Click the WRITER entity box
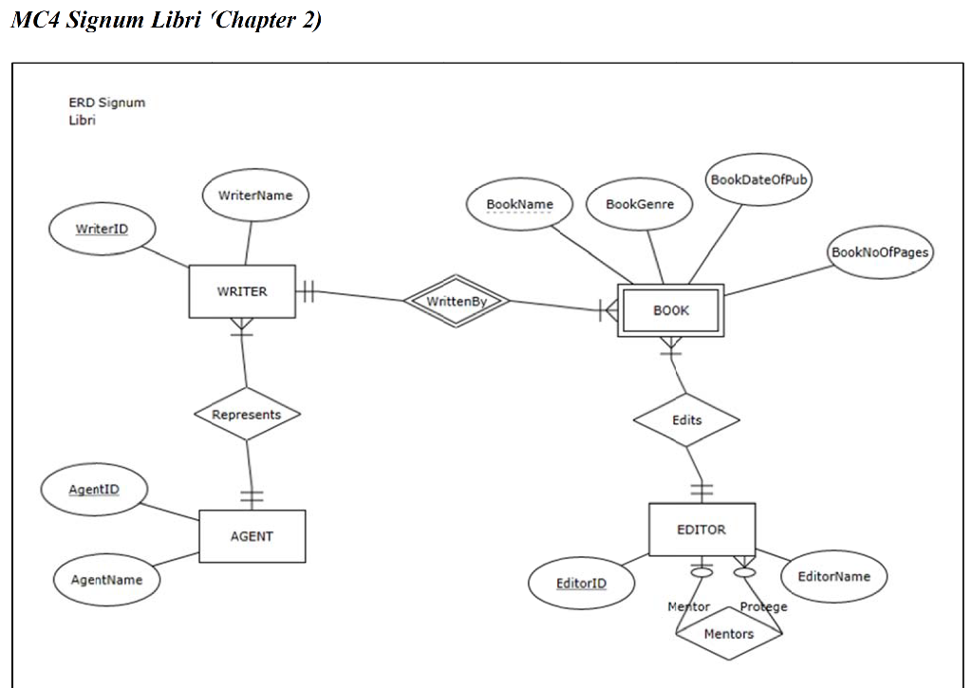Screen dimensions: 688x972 [x=242, y=291]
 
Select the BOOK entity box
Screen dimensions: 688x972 [x=671, y=309]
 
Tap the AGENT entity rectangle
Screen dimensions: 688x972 [x=252, y=536]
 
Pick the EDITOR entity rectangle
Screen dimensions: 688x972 [x=701, y=530]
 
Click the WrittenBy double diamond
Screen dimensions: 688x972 [x=457, y=302]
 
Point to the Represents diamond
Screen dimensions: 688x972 [x=247, y=415]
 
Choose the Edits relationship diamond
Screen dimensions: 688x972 [x=686, y=419]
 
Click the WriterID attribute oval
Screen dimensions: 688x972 [x=103, y=229]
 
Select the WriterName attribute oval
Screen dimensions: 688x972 [x=255, y=195]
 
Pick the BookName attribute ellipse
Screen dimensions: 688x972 [x=519, y=204]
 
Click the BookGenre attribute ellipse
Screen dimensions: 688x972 [x=640, y=204]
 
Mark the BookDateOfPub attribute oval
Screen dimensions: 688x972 [x=759, y=179]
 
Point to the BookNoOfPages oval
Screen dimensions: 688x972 [x=880, y=251]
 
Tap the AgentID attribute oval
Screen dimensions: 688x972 [x=94, y=490]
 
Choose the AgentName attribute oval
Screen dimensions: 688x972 [x=106, y=580]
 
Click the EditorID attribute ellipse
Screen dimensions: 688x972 [x=581, y=583]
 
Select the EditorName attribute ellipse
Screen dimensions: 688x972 [x=833, y=576]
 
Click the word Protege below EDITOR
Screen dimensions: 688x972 [x=763, y=607]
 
